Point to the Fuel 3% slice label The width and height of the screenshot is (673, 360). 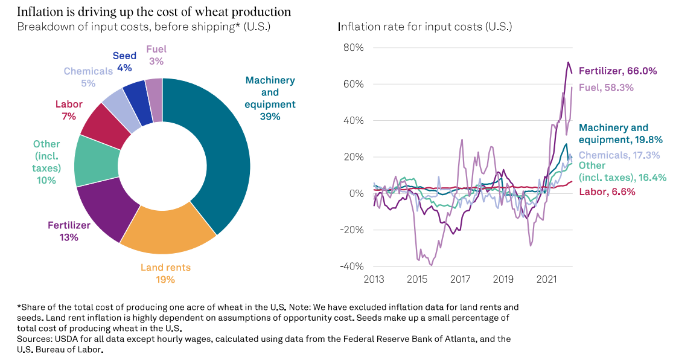[x=156, y=55]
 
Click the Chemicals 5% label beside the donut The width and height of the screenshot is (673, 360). [x=88, y=77]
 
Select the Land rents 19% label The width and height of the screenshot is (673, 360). [x=165, y=273]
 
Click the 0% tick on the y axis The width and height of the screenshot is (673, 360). [x=356, y=193]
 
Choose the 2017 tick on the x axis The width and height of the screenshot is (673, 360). [x=461, y=279]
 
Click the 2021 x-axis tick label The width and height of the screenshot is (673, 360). [x=547, y=279]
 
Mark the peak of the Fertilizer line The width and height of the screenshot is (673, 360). [x=568, y=62]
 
